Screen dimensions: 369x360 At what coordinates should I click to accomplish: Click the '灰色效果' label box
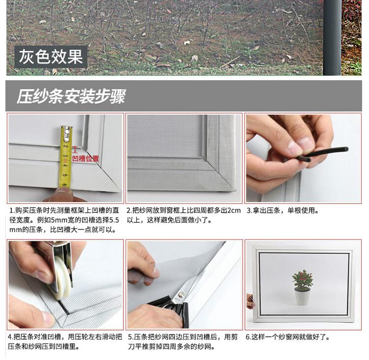[x=51, y=57]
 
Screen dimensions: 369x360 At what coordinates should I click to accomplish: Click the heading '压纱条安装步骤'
[x=71, y=96]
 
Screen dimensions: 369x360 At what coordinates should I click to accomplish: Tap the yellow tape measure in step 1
[x=65, y=157]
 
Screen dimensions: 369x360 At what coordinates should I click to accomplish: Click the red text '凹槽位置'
[x=86, y=159]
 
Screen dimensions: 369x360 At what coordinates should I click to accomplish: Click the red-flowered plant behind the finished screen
[x=303, y=280]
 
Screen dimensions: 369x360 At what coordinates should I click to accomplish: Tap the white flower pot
[x=302, y=297]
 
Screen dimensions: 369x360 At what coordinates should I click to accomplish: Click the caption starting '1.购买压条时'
[x=64, y=220]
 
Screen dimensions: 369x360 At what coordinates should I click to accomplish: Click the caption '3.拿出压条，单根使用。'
[x=282, y=210]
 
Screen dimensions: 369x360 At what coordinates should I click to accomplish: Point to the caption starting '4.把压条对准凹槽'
[x=65, y=342]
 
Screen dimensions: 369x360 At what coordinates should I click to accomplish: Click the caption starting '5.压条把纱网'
[x=183, y=342]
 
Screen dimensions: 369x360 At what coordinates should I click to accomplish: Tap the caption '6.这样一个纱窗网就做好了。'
[x=288, y=337]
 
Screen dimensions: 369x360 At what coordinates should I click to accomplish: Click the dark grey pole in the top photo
[x=332, y=38]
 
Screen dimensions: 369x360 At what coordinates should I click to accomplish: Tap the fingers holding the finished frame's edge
[x=249, y=301]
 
